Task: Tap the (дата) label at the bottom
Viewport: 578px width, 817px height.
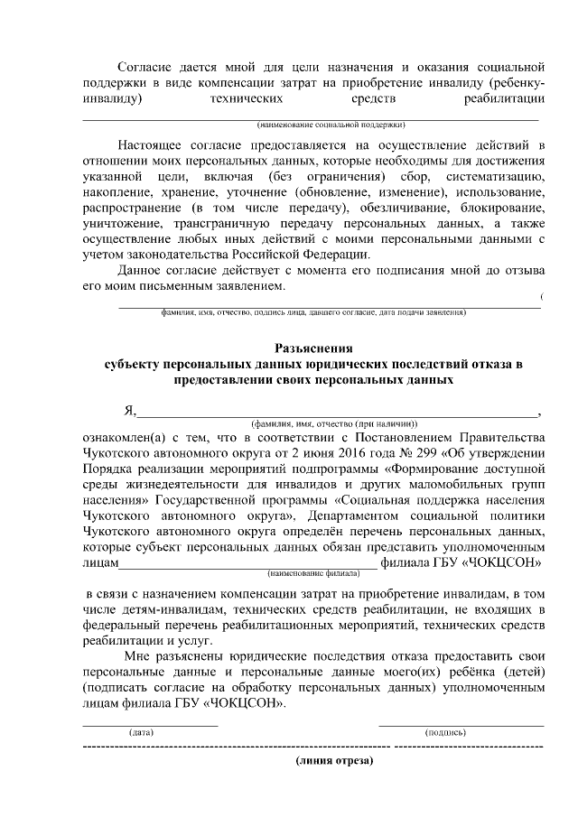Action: coord(142,732)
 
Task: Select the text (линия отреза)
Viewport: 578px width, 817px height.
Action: coord(332,761)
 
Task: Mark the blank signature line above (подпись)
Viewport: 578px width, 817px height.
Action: coord(461,723)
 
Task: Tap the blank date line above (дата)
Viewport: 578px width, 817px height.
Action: coord(150,723)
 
